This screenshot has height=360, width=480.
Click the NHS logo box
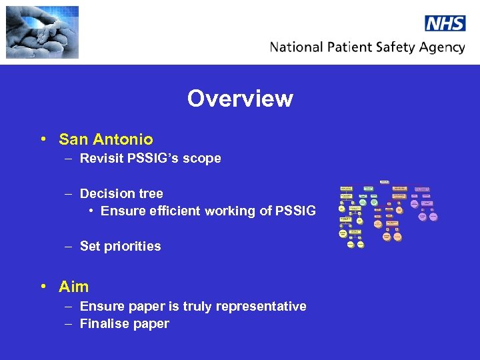click(x=445, y=23)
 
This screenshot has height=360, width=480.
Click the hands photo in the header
click(x=42, y=32)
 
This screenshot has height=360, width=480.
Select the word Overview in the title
click(x=240, y=99)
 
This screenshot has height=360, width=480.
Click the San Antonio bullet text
click(x=105, y=139)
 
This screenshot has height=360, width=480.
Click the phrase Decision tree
click(x=121, y=193)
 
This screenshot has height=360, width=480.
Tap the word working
click(x=229, y=211)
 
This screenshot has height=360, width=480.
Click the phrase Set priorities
click(x=120, y=246)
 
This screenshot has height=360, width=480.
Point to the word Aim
click(x=73, y=287)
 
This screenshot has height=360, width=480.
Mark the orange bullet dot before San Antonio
click(x=43, y=139)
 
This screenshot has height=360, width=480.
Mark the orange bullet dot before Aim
click(x=43, y=287)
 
